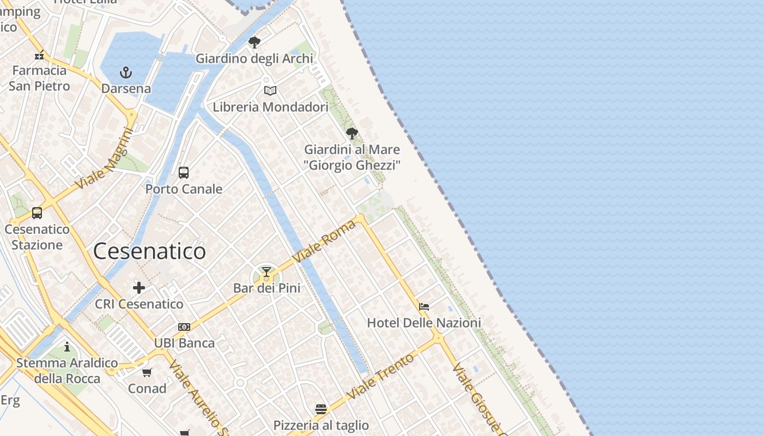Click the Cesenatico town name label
(149, 251)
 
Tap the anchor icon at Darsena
(126, 72)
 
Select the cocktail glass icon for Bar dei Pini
(267, 272)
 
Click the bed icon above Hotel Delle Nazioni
(424, 307)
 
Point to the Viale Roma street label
(324, 240)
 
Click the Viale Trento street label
(380, 377)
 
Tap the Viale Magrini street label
(106, 158)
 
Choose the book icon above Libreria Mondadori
(270, 90)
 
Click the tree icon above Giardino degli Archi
(254, 43)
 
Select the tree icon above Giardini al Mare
(352, 133)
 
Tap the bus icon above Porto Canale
(184, 173)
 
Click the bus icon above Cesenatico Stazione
(37, 213)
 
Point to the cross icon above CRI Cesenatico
(139, 288)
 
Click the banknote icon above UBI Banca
(184, 327)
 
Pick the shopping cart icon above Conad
(147, 373)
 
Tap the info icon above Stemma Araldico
(67, 347)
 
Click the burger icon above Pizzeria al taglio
(321, 409)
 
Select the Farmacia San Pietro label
(39, 78)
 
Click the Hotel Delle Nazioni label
(424, 323)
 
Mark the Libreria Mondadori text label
(270, 107)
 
